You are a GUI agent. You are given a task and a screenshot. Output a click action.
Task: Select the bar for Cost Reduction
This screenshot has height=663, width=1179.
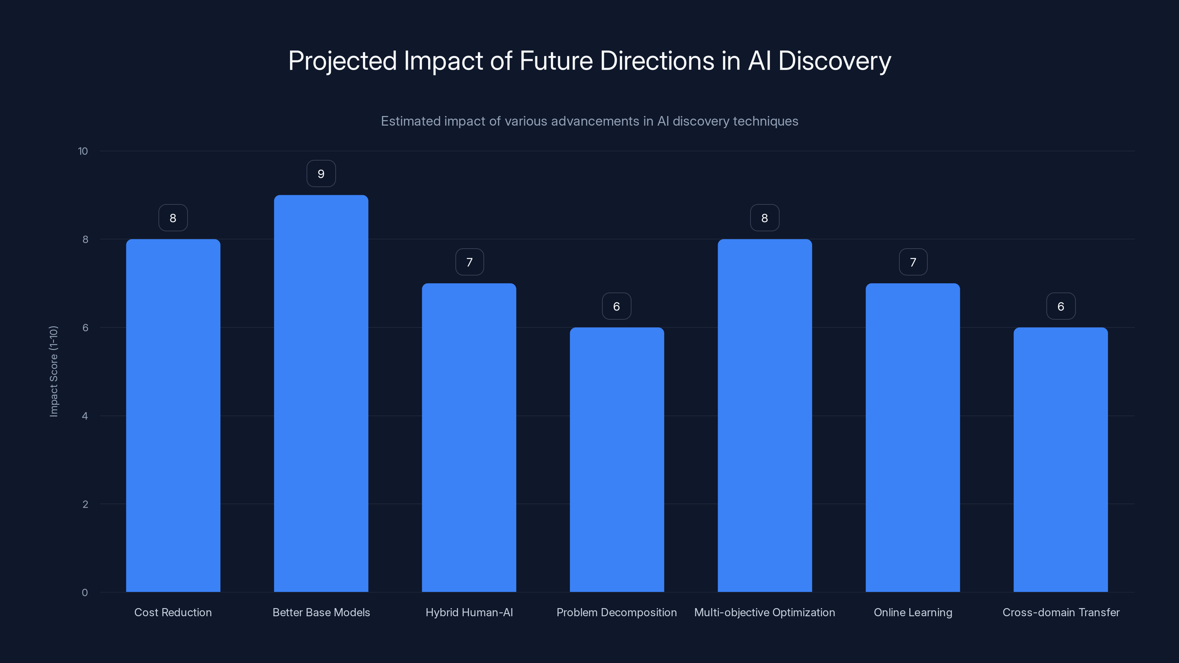click(173, 415)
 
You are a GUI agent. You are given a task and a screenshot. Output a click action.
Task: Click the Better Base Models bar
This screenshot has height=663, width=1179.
click(321, 393)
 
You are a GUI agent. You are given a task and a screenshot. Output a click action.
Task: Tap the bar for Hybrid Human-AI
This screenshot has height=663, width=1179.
click(469, 438)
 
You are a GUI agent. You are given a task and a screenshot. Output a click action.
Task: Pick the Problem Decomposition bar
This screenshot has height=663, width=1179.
click(616, 459)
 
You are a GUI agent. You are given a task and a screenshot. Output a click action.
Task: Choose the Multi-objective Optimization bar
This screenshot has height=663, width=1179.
click(765, 415)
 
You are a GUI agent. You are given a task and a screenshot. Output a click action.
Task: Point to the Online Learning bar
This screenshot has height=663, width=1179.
click(913, 438)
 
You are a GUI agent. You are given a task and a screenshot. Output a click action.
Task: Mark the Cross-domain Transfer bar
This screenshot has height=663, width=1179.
click(1060, 459)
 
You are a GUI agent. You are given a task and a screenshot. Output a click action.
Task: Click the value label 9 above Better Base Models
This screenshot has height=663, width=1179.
click(321, 174)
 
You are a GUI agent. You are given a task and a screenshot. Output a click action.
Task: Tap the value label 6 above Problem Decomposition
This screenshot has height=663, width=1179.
click(616, 306)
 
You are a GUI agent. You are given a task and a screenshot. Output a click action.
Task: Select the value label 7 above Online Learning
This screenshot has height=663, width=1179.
click(913, 262)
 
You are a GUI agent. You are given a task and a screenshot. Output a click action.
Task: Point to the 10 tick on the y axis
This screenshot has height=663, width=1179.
click(83, 151)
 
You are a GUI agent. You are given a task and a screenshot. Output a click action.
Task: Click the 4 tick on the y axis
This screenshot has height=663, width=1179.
click(85, 416)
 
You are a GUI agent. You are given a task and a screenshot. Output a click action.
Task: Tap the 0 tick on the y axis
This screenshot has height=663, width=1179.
click(85, 593)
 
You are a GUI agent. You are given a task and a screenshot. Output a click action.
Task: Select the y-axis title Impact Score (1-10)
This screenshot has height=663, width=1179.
click(53, 371)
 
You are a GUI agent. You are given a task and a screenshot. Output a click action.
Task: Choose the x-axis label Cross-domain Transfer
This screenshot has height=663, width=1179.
click(1060, 612)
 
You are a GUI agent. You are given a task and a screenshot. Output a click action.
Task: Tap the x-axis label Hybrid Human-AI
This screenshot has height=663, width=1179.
click(469, 612)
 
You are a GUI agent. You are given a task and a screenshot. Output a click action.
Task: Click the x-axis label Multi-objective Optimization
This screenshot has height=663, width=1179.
click(765, 612)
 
